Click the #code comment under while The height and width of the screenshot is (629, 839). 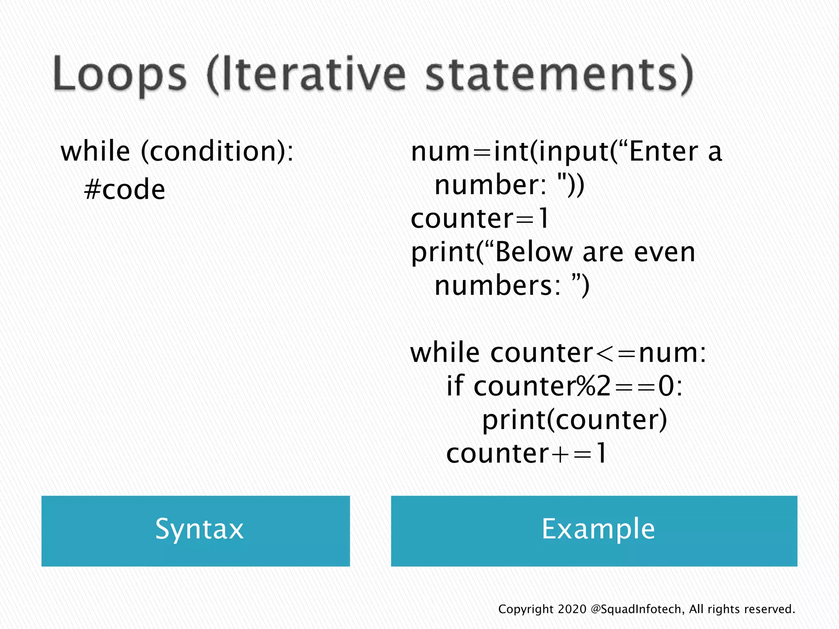125,190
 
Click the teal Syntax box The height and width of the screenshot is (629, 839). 195,531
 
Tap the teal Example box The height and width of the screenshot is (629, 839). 594,531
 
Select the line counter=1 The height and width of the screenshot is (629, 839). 479,219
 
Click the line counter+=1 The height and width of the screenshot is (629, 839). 526,454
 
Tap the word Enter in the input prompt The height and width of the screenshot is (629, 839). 663,152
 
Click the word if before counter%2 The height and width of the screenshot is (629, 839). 455,386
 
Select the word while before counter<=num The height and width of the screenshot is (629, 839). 445,353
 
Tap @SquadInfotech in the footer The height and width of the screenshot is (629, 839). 637,609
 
